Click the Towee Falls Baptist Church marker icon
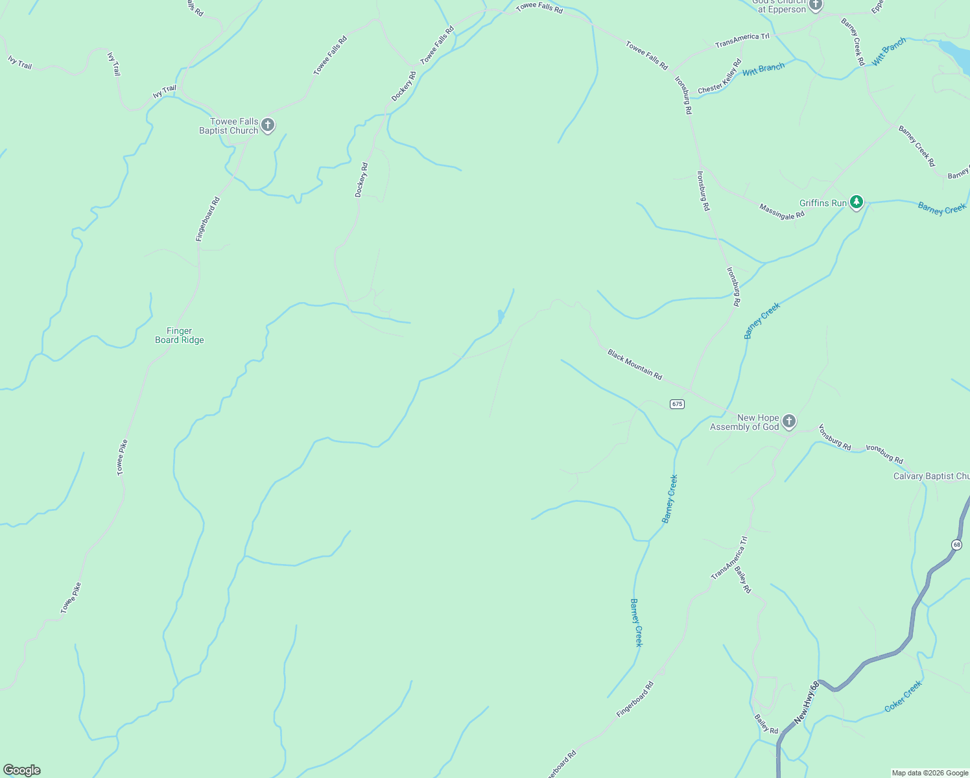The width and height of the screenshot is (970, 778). pyautogui.click(x=268, y=124)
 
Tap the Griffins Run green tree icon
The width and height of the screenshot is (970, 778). pyautogui.click(x=857, y=202)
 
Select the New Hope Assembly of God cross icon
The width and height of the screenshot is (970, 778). pyautogui.click(x=788, y=421)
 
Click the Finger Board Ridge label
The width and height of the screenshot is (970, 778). pyautogui.click(x=180, y=335)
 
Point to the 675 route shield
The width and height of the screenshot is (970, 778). pyautogui.click(x=677, y=404)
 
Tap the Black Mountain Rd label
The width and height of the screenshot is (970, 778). pyautogui.click(x=635, y=364)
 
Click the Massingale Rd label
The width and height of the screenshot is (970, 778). pyautogui.click(x=782, y=211)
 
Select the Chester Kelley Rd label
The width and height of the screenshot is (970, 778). pyautogui.click(x=720, y=77)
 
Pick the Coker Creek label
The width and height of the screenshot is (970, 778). pyautogui.click(x=903, y=697)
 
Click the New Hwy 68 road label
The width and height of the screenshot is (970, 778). pyautogui.click(x=807, y=702)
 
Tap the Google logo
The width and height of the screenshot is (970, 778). pyautogui.click(x=22, y=770)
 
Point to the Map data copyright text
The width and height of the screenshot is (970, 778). pyautogui.click(x=929, y=773)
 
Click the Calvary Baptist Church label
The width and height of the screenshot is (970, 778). pyautogui.click(x=931, y=476)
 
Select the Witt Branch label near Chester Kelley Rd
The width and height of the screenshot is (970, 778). pyautogui.click(x=763, y=69)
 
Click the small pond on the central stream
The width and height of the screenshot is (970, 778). pyautogui.click(x=500, y=316)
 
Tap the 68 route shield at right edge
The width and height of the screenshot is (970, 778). pyautogui.click(x=956, y=545)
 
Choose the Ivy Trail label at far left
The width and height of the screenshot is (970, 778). pyautogui.click(x=20, y=62)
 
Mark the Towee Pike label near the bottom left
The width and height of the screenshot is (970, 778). pyautogui.click(x=71, y=598)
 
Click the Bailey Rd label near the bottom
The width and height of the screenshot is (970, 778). pyautogui.click(x=766, y=724)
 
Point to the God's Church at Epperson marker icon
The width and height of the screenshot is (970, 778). pyautogui.click(x=815, y=5)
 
